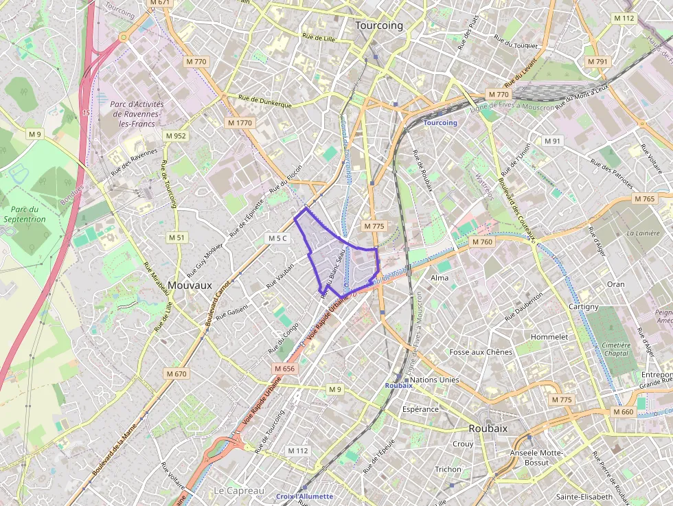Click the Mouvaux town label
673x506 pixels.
[x=190, y=284]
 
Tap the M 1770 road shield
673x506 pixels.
[x=240, y=122]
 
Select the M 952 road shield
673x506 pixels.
[x=176, y=136]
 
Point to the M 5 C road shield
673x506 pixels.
[x=279, y=238]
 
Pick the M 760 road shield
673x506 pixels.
[x=482, y=242]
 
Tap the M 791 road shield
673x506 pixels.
[x=597, y=62]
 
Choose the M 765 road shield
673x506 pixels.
[x=645, y=199]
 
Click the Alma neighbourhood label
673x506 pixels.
[x=439, y=278]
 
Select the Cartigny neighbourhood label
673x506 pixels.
[x=584, y=306]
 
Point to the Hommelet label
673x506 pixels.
[x=549, y=337]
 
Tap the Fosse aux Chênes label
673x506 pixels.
[x=481, y=352]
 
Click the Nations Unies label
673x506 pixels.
[x=434, y=380]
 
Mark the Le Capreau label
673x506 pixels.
[x=239, y=490]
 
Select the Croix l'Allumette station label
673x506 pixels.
[x=304, y=496]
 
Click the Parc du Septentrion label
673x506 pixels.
[x=23, y=214]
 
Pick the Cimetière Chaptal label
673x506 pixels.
[x=617, y=349]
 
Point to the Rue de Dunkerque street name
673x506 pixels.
[x=265, y=102]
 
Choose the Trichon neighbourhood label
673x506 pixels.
[x=448, y=470]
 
